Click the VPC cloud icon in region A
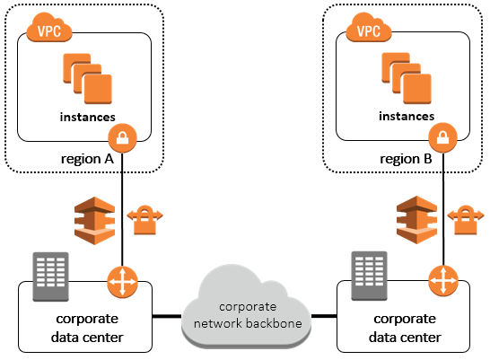click(49, 28)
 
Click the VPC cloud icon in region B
click(369, 28)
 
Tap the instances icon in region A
click(88, 79)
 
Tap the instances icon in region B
click(407, 78)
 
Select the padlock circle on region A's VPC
click(122, 138)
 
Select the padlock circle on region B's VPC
click(442, 137)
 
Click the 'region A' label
click(87, 159)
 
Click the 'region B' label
click(406, 159)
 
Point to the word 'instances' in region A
click(88, 117)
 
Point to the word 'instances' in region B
click(407, 116)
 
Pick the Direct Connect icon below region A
click(95, 221)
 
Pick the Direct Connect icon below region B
click(417, 220)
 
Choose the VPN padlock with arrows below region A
click(144, 219)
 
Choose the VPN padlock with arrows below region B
click(466, 219)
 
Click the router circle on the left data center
click(122, 282)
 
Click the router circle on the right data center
click(443, 281)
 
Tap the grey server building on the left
click(50, 277)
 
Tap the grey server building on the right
click(370, 276)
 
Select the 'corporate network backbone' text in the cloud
click(248, 315)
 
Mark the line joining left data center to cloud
click(167, 316)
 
